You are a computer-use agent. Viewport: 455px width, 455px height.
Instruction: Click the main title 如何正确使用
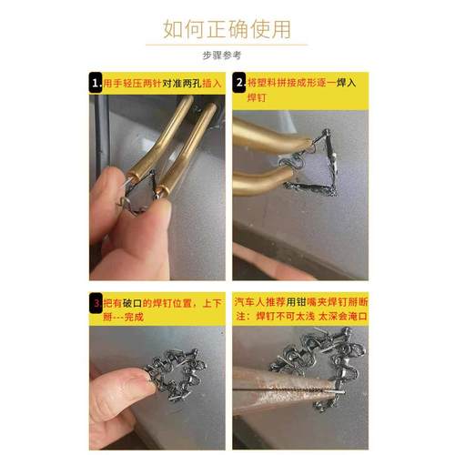(227, 27)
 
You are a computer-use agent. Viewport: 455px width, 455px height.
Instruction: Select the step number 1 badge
(96, 81)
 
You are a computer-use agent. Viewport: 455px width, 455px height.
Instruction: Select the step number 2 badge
(240, 81)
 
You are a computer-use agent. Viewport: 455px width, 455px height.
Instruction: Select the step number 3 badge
(96, 301)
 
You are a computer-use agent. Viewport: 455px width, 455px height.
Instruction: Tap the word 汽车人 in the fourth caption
(250, 301)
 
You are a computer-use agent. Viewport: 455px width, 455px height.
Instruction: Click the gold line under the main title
(227, 44)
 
